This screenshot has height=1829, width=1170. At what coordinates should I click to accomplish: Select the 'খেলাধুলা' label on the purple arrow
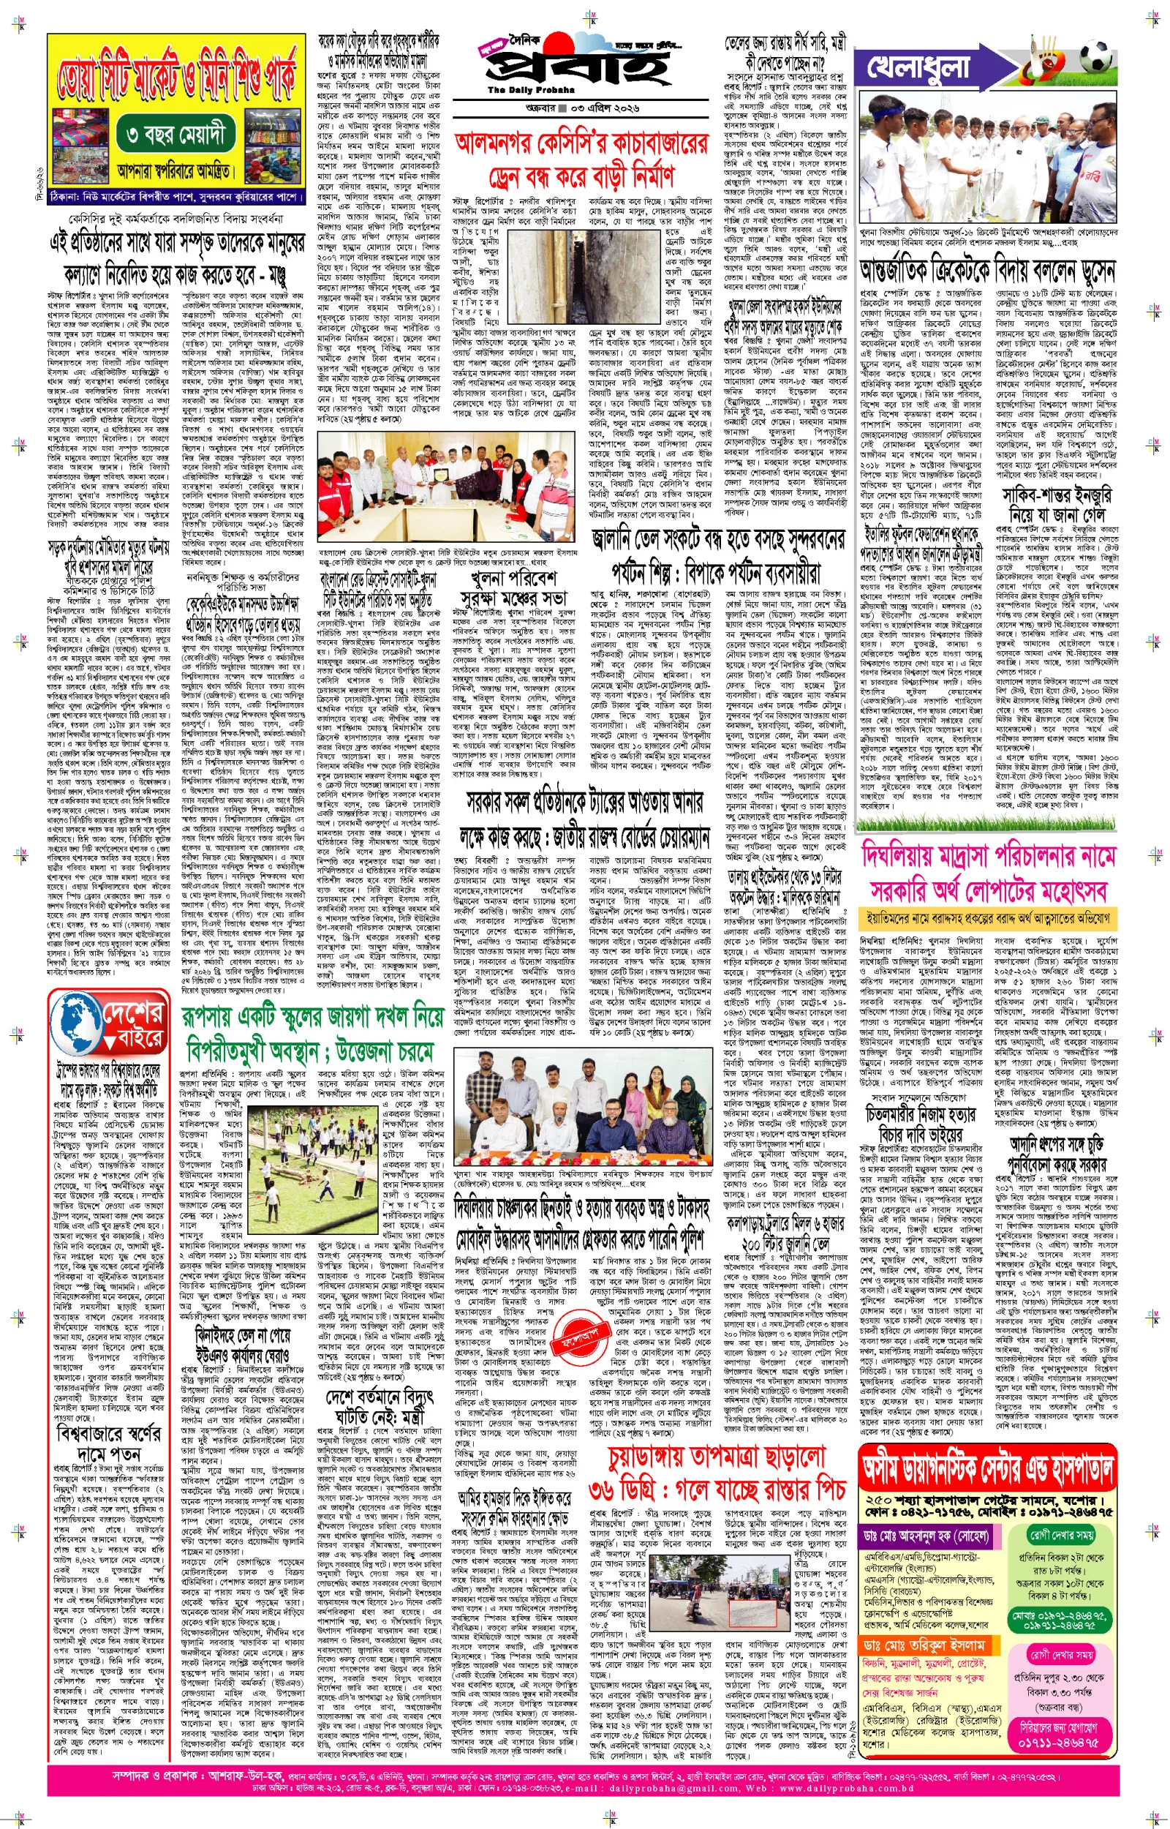point(918,68)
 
